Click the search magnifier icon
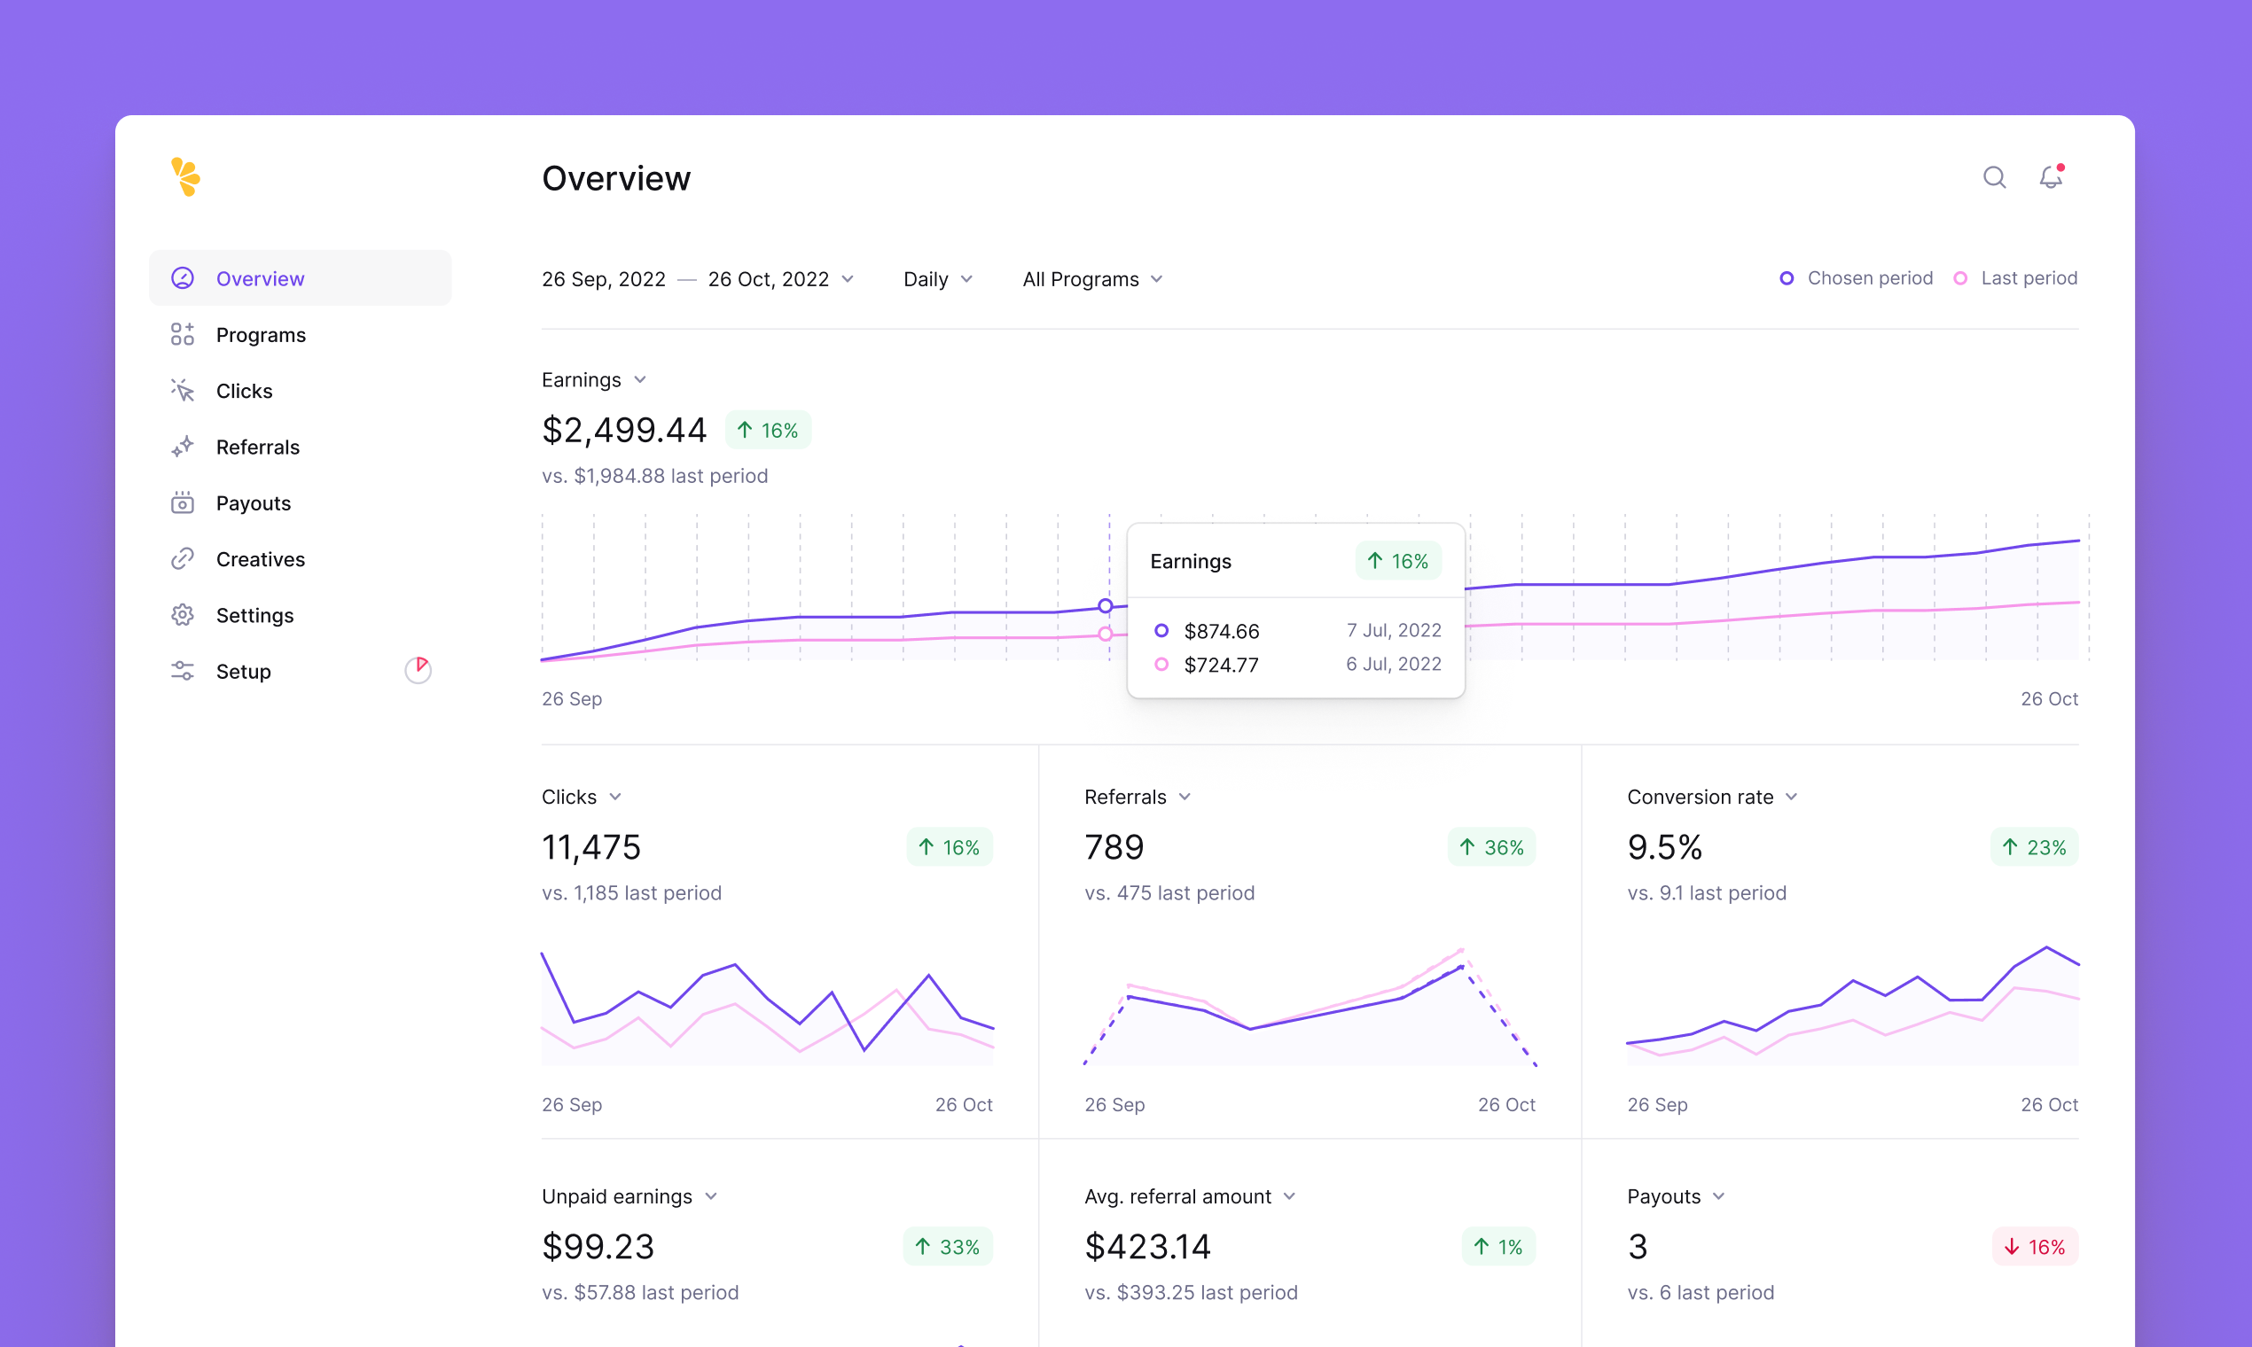coord(1994,177)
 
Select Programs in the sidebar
coord(261,335)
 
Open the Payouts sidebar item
coord(254,502)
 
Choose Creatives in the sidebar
coord(260,559)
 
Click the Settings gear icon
coord(183,615)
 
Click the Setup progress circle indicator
coord(418,670)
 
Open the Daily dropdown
coord(937,278)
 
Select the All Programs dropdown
coord(1091,278)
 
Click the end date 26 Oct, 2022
coord(768,278)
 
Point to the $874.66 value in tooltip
coord(1222,631)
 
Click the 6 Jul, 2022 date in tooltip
coord(1393,665)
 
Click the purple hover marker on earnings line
coord(1105,605)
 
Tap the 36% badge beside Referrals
coord(1491,847)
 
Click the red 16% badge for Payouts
coord(2034,1246)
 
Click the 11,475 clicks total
coord(591,847)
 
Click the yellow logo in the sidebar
coord(185,177)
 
